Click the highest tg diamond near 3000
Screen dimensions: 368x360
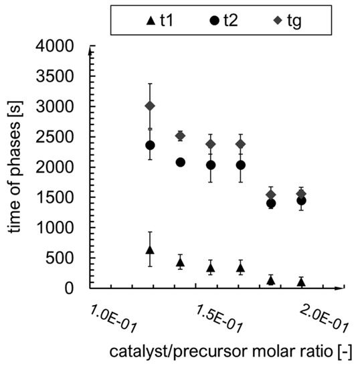pyautogui.click(x=150, y=106)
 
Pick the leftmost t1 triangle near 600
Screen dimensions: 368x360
pyautogui.click(x=150, y=250)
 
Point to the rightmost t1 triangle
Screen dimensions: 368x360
pyautogui.click(x=301, y=282)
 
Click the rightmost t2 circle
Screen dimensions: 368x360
pyautogui.click(x=301, y=200)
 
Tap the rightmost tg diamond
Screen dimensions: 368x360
pyautogui.click(x=301, y=193)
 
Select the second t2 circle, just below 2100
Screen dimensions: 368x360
pyautogui.click(x=180, y=162)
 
